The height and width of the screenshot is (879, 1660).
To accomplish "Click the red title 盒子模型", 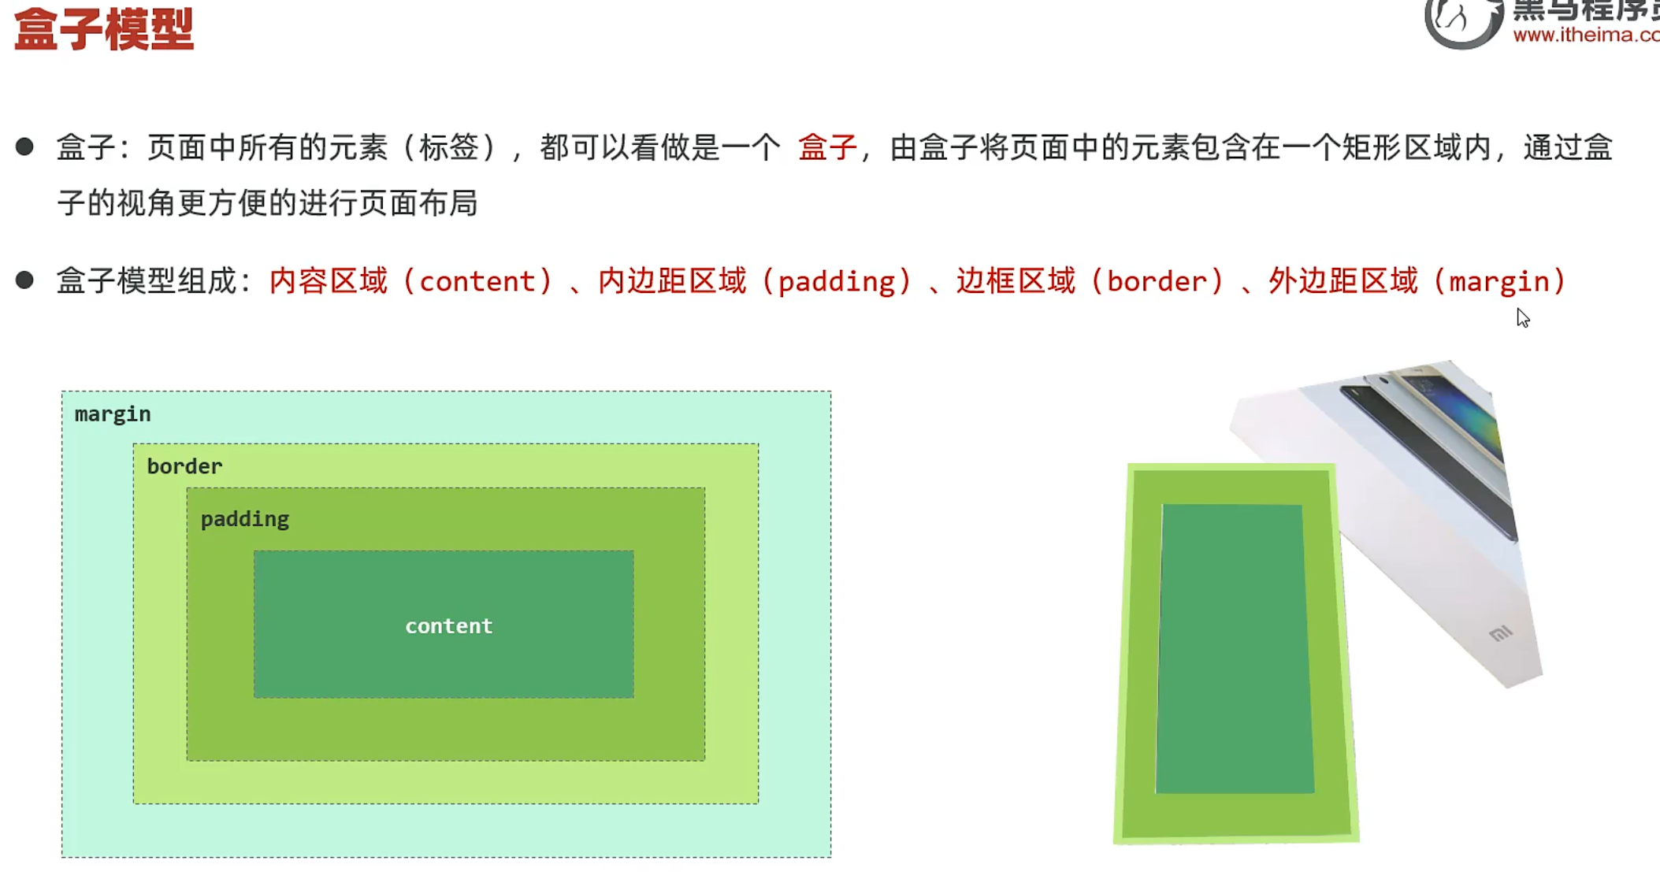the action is pos(104,30).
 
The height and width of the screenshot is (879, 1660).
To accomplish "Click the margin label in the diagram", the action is pos(113,414).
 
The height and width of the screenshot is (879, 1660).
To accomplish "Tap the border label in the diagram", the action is pos(184,466).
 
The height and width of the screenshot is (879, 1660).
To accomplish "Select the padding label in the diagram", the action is pos(244,519).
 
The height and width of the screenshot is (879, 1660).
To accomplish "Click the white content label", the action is pos(448,626).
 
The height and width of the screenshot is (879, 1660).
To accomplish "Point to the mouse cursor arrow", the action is pos(1522,317).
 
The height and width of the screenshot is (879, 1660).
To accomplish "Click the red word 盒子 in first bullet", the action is pos(826,147).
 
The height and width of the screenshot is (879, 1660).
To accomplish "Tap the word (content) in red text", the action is pos(477,281).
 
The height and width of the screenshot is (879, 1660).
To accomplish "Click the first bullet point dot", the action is pos(24,146).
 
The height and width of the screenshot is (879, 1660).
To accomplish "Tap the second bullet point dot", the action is pos(24,280).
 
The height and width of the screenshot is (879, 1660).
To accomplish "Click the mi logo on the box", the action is pos(1500,633).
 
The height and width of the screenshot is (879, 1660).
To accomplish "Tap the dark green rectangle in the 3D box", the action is pos(1234,648).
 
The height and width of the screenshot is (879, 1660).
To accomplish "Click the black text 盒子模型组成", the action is pos(147,281).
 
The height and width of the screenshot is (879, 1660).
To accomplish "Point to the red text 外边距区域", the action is pos(1342,281).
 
